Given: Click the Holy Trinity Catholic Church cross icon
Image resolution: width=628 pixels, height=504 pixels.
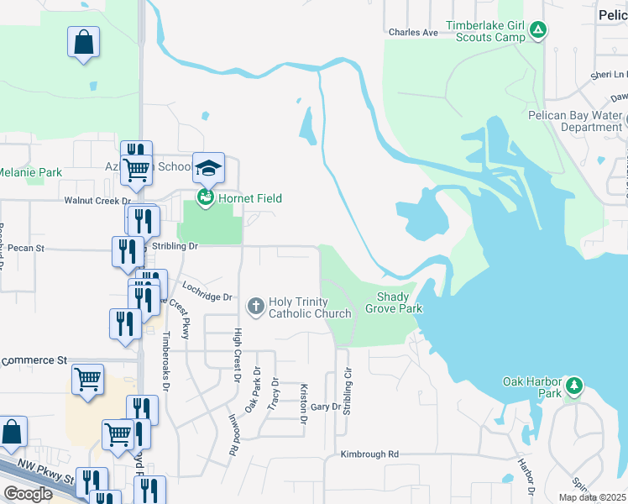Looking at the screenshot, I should tap(257, 302).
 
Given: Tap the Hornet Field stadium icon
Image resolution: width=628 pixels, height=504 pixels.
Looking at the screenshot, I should tap(205, 198).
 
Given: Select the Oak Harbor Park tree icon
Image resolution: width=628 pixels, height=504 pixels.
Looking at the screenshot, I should tap(573, 386).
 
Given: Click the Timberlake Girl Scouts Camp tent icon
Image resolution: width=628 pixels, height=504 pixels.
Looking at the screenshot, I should tap(539, 31).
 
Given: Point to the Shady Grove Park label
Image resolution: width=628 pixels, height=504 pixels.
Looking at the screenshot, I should tap(393, 302).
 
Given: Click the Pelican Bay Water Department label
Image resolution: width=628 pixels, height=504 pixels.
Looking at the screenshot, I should tap(575, 121).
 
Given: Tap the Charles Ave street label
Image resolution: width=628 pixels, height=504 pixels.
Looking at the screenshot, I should tap(413, 33).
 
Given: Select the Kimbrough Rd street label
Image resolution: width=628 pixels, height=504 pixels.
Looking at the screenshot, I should tap(369, 454).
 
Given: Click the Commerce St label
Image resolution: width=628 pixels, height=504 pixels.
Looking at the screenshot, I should tap(34, 360).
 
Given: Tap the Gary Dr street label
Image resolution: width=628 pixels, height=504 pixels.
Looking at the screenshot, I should tap(326, 407).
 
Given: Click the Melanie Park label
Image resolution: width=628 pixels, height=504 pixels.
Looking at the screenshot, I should tap(31, 172).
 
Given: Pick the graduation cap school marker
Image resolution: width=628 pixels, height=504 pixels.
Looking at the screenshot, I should tap(209, 168).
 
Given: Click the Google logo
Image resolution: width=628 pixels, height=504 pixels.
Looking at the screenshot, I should tap(27, 493).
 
